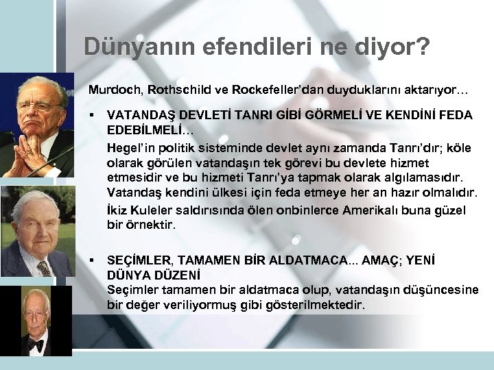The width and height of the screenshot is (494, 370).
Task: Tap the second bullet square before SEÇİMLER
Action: (91, 260)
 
